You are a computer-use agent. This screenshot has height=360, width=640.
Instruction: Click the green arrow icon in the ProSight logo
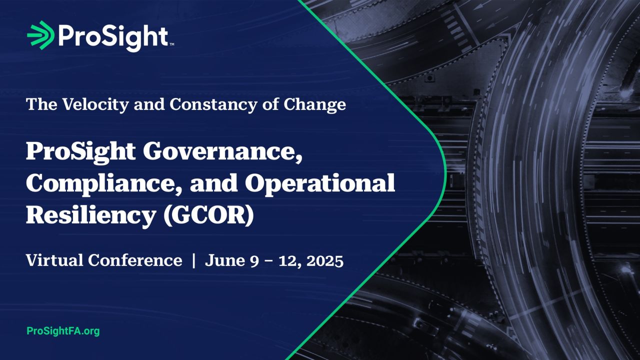[41, 35]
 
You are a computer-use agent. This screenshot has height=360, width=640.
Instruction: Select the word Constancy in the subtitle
[213, 104]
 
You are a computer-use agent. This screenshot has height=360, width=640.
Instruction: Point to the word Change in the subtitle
[314, 105]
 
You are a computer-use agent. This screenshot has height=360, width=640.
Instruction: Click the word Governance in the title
[222, 152]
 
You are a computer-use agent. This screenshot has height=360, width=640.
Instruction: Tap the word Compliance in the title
[104, 184]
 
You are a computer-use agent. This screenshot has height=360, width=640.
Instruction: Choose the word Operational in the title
[320, 184]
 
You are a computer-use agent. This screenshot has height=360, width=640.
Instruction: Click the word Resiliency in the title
[91, 216]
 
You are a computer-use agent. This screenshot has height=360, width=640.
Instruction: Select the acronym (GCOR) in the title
[208, 215]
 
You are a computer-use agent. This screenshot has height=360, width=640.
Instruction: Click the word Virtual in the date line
[54, 260]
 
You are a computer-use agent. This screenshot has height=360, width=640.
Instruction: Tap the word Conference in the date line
[135, 260]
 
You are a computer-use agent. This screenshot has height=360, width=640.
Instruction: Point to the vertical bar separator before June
[194, 260]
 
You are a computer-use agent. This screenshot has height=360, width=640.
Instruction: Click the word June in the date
[225, 260]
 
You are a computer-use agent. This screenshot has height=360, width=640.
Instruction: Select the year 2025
[325, 260]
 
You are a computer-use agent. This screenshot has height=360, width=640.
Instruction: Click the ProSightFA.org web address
[63, 331]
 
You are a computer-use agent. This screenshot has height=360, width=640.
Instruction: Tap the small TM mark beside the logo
[171, 44]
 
